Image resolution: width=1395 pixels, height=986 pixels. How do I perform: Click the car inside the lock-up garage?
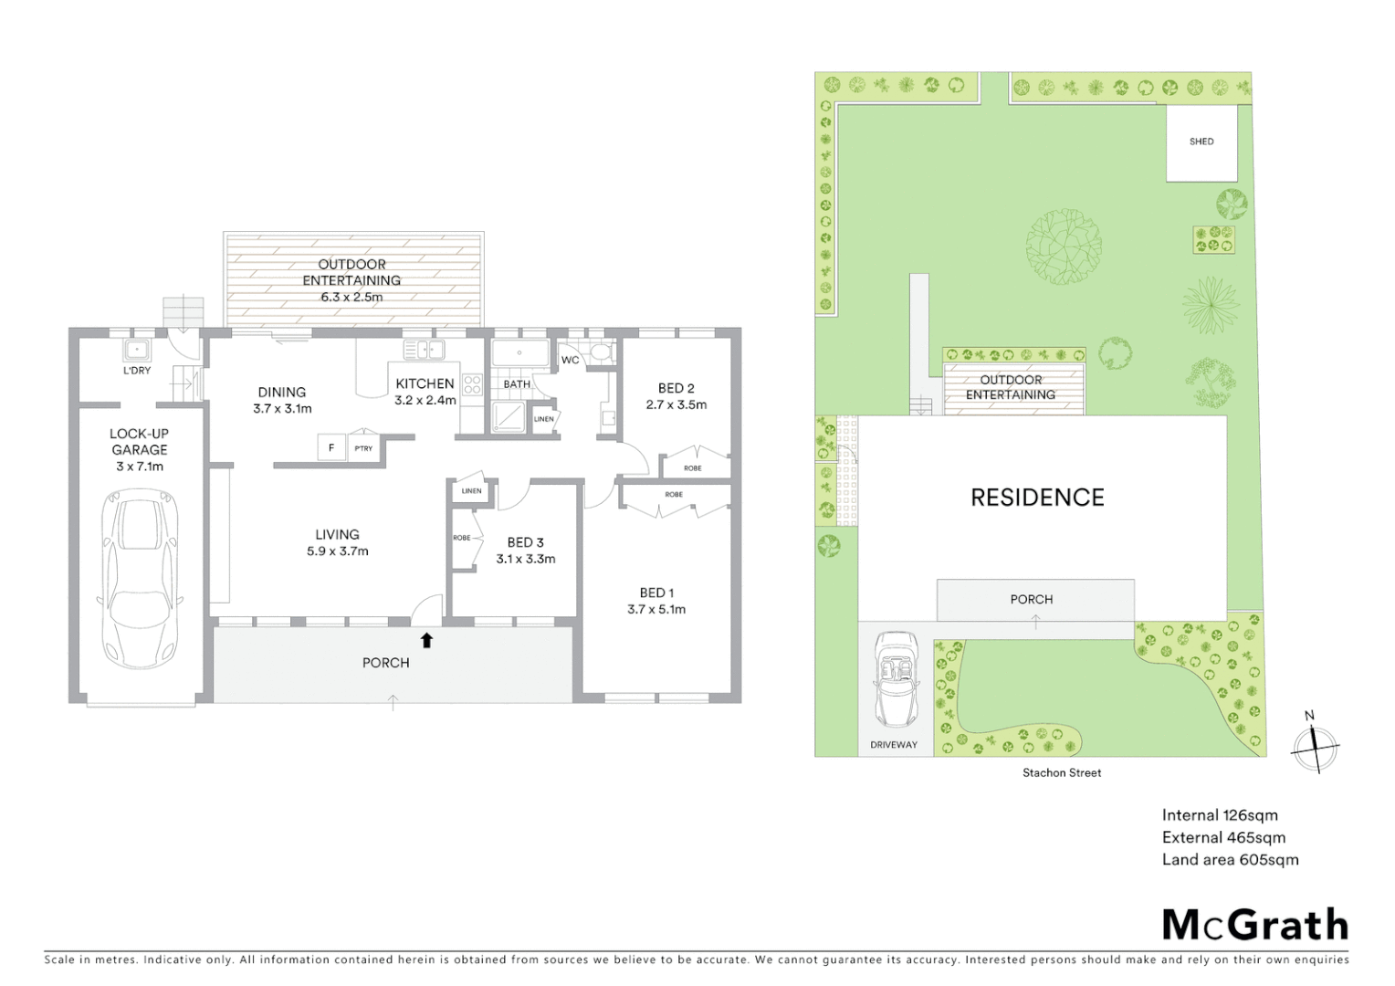pos(140,579)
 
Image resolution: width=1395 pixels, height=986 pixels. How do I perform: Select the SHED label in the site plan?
pos(1201,142)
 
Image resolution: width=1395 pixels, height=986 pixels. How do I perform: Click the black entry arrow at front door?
pos(426,640)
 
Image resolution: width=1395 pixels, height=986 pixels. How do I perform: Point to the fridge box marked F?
pos(331,448)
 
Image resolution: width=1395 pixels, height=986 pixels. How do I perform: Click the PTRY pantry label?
pos(363,448)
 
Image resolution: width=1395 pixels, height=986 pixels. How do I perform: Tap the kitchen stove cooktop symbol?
pos(472,385)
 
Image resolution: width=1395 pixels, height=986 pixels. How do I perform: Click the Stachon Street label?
pos(1062,772)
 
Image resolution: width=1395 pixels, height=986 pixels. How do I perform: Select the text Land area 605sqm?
pos(1230,859)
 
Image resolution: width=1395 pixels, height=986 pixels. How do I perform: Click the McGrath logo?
pos(1255,925)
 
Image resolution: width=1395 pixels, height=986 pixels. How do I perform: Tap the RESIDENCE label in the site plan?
pos(1037,498)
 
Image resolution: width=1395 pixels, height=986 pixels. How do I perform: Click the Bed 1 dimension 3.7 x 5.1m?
pos(656,609)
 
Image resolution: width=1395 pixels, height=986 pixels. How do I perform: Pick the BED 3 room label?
pos(526,542)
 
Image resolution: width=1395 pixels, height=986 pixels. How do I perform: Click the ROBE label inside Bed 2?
pos(693,468)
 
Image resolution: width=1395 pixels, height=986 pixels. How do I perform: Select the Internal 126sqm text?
pos(1220,815)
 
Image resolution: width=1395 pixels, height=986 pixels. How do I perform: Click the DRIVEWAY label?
pos(894,745)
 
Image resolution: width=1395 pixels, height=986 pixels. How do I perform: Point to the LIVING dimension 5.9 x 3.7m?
pos(338,551)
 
